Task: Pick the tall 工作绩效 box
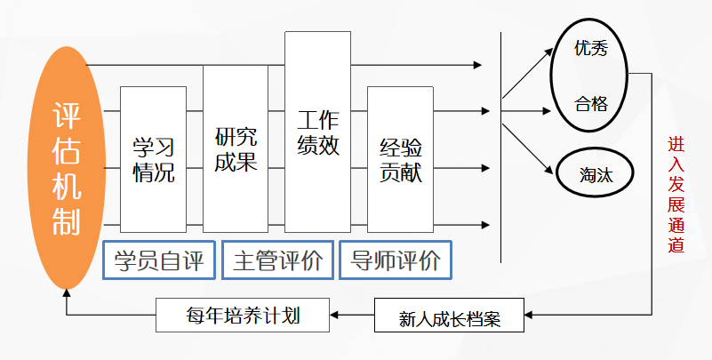click(x=317, y=133)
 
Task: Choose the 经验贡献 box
click(x=399, y=160)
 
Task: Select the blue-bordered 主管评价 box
click(x=277, y=260)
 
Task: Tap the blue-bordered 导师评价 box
click(x=395, y=260)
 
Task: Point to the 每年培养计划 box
click(x=242, y=314)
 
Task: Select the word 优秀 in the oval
click(x=590, y=50)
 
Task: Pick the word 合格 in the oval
click(x=590, y=104)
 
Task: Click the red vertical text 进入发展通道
click(x=676, y=195)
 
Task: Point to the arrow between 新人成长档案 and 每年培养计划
click(x=352, y=314)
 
